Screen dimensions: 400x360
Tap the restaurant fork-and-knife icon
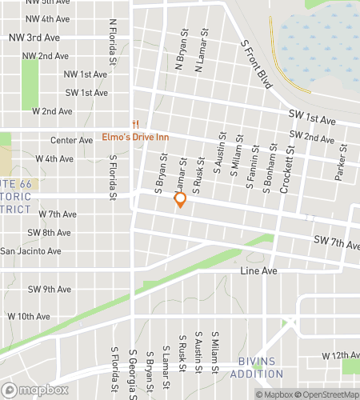(x=136, y=124)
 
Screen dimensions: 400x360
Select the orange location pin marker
(x=180, y=200)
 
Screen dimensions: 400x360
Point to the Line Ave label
(x=258, y=272)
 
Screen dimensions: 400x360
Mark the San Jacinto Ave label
(x=30, y=251)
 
